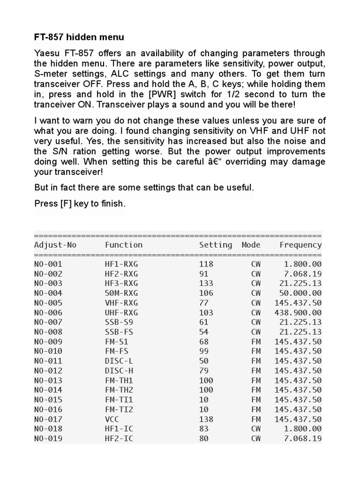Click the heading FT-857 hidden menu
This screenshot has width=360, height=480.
[x=79, y=37]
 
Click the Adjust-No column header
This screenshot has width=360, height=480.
[x=55, y=245]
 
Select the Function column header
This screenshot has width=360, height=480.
[x=123, y=245]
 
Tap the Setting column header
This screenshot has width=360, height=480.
[x=215, y=245]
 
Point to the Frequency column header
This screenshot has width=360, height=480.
[x=300, y=245]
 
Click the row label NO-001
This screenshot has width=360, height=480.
[x=48, y=264]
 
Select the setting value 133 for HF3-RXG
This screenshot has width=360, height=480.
[x=206, y=283]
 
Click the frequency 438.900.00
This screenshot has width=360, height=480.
[x=298, y=312]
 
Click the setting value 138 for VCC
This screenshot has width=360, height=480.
[x=206, y=419]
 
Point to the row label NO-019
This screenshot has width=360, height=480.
[x=48, y=438]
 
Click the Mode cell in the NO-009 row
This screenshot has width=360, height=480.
[x=256, y=341]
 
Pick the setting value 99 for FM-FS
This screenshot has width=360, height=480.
[x=203, y=351]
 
